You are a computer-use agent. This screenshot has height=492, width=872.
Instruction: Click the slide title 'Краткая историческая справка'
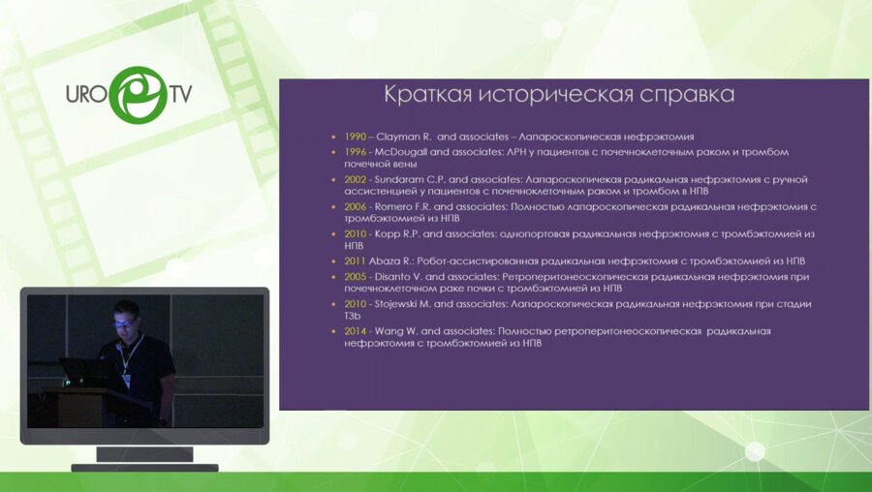(559, 95)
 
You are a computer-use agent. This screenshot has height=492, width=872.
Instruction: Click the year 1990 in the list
(355, 137)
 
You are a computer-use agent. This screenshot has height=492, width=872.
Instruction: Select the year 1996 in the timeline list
(355, 152)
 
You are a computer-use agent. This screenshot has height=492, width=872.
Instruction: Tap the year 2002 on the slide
(355, 179)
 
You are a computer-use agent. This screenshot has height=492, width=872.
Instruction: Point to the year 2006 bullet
(355, 206)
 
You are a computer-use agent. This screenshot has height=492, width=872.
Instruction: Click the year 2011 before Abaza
(355, 261)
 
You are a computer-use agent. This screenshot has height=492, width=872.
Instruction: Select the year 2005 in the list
(355, 276)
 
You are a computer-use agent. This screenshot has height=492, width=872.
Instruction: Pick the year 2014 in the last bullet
(355, 330)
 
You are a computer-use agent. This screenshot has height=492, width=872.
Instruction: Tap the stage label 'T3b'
(355, 315)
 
